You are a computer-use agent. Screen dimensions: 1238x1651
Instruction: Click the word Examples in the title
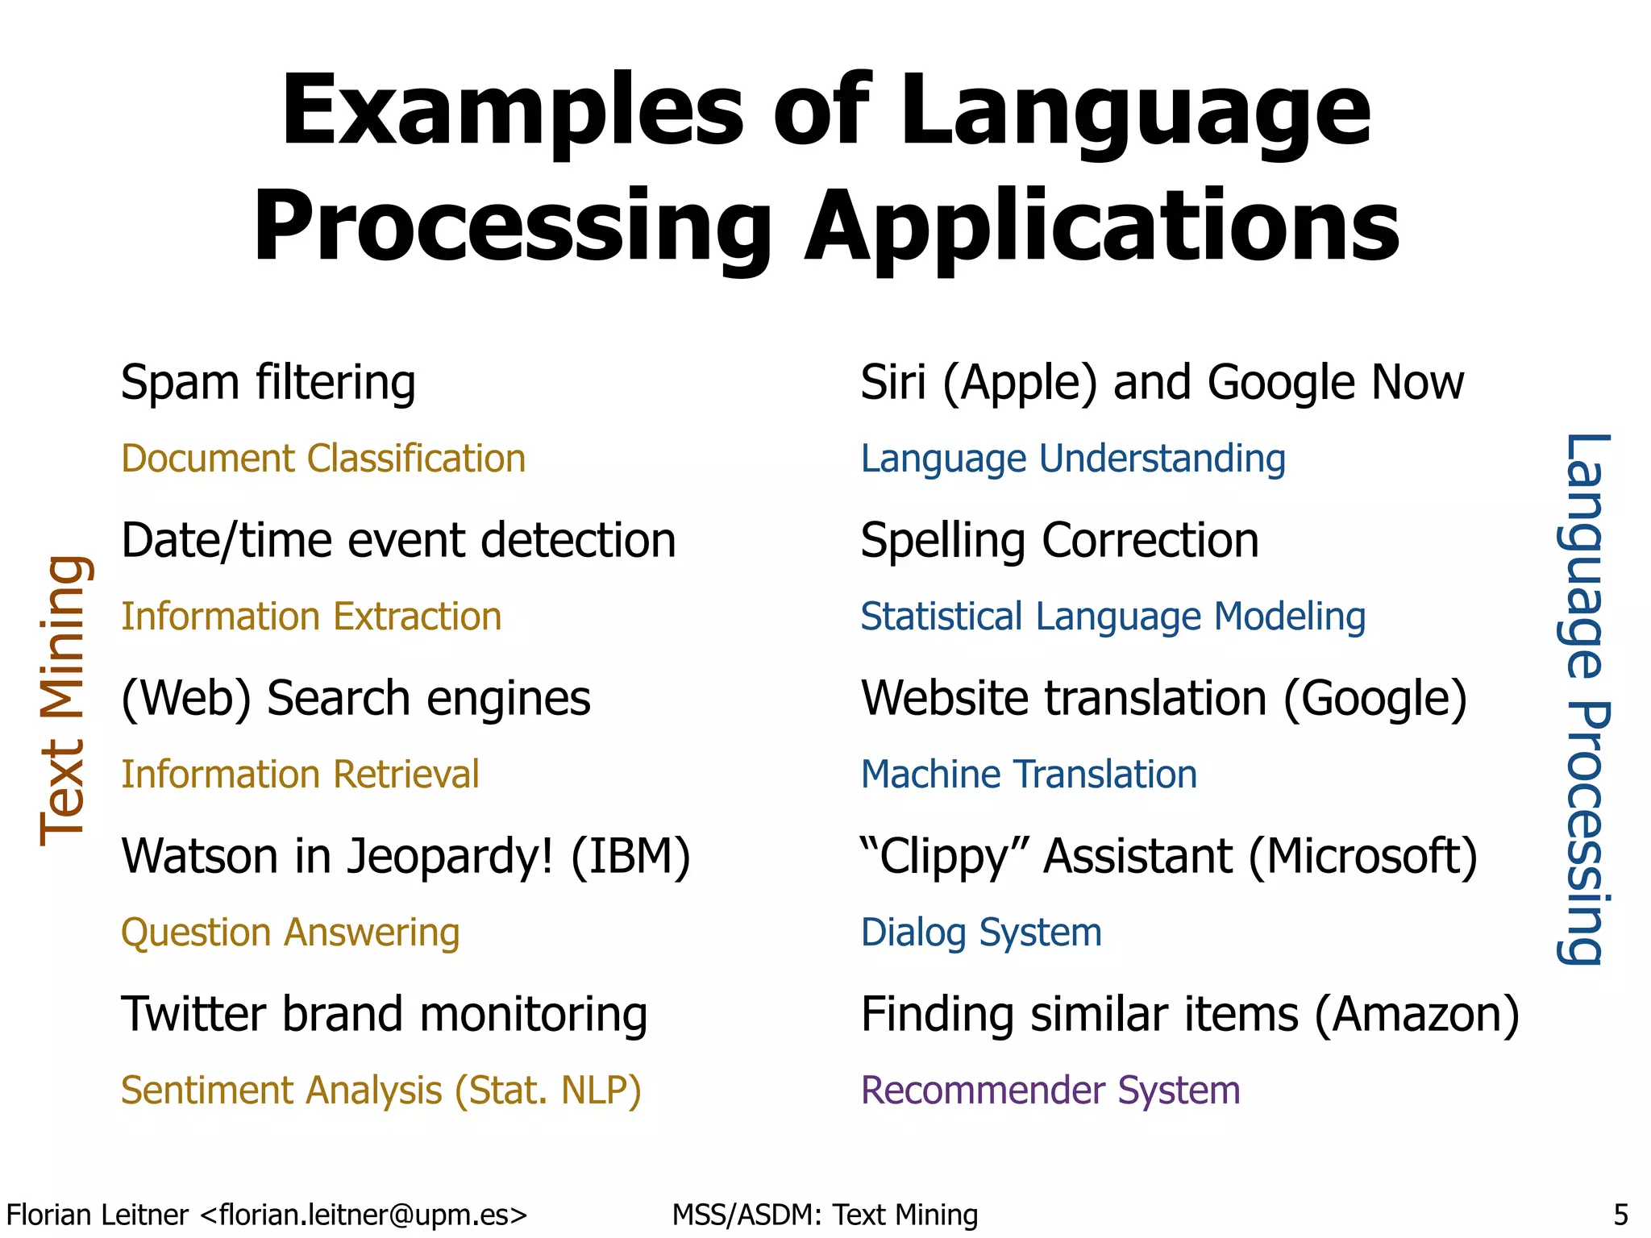click(x=511, y=113)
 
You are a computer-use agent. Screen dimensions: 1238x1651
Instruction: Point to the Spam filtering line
click(x=268, y=382)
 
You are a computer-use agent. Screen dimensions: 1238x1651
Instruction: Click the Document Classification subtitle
click(x=323, y=459)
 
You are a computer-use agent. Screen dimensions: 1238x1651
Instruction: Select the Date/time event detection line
click(x=398, y=540)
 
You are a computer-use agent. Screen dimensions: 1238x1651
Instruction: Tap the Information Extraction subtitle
click(x=311, y=617)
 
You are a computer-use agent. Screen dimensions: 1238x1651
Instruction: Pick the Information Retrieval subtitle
click(x=300, y=775)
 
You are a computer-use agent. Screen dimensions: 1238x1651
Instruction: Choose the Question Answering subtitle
click(x=290, y=933)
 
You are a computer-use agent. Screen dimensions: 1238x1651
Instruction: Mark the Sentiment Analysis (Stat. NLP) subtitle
click(x=381, y=1091)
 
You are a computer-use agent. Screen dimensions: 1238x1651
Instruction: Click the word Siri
click(x=892, y=382)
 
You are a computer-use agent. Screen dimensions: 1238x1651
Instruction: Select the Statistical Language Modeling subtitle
click(x=1112, y=617)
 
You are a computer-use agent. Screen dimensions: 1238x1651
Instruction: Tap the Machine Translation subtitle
click(x=1029, y=775)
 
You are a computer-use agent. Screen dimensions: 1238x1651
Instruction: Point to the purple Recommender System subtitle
click(x=1050, y=1091)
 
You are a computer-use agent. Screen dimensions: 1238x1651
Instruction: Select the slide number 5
click(x=1620, y=1215)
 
